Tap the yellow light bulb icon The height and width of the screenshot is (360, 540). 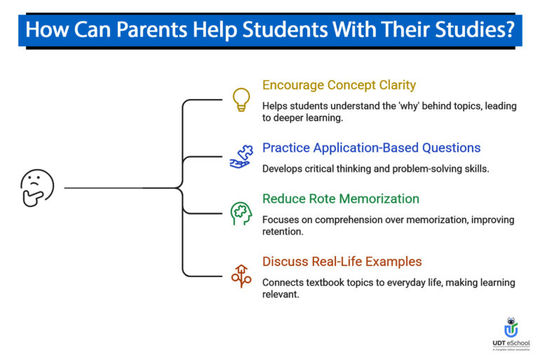[241, 99]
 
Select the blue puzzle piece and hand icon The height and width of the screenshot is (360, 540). [241, 156]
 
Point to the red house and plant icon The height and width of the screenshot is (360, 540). [241, 276]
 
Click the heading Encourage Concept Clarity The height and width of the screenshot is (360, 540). [339, 85]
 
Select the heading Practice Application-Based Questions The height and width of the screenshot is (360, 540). [371, 147]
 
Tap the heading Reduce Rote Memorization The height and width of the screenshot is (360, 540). [341, 199]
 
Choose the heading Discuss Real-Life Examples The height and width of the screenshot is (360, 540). [342, 262]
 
